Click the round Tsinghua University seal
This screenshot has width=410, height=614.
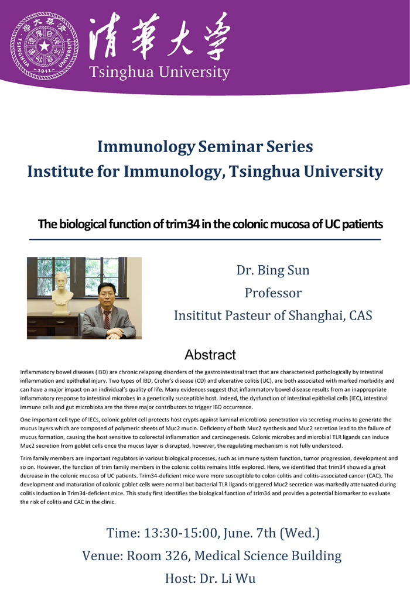point(45,46)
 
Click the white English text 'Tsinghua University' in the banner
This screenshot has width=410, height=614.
point(159,73)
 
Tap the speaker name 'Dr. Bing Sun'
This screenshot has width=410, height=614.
point(273,270)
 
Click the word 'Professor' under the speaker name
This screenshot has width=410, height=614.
point(273,293)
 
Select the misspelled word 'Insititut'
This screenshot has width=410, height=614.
point(197,315)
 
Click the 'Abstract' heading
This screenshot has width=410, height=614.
point(210,355)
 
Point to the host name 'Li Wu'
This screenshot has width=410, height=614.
point(238,579)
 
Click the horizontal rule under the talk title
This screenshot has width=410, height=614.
point(205,239)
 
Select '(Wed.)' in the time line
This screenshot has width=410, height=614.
point(300,533)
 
